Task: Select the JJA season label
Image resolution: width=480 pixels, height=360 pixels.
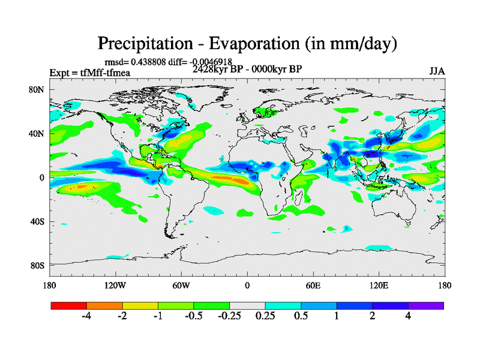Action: (437, 71)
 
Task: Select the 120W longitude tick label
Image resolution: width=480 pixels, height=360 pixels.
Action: (115, 285)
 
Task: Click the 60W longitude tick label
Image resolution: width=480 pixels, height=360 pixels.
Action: (181, 285)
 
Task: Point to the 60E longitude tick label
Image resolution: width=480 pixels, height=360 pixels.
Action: (313, 285)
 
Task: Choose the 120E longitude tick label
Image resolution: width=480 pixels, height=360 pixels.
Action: (379, 285)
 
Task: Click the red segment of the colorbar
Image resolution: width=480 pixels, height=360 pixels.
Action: (69, 305)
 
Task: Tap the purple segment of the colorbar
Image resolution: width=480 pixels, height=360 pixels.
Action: (426, 305)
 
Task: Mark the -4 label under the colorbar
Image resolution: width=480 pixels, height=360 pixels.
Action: (86, 316)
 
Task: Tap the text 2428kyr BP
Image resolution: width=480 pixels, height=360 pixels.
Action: (217, 69)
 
